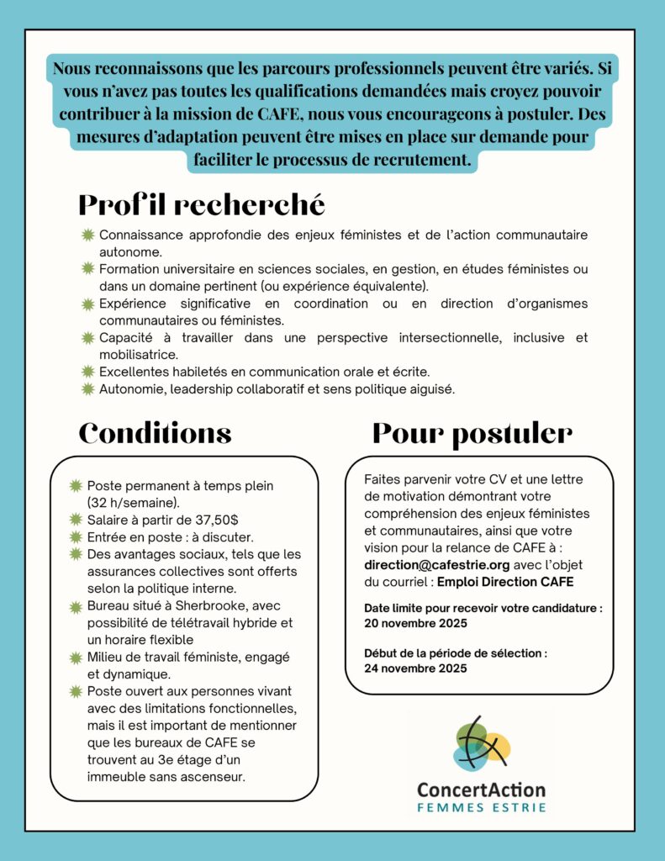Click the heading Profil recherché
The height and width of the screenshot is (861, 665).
201,204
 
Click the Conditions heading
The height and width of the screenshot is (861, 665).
155,433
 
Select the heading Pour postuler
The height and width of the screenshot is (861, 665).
472,433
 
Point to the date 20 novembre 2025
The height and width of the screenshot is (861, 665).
416,623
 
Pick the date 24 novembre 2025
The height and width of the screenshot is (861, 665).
416,668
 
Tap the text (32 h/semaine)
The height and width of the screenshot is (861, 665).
134,502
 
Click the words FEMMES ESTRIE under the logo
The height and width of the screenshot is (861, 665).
482,808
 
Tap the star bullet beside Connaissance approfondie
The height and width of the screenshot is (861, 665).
87,235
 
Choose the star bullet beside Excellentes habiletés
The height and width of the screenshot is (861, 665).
87,372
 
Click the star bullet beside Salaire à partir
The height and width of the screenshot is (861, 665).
76,520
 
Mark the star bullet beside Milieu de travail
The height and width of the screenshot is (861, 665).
76,657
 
